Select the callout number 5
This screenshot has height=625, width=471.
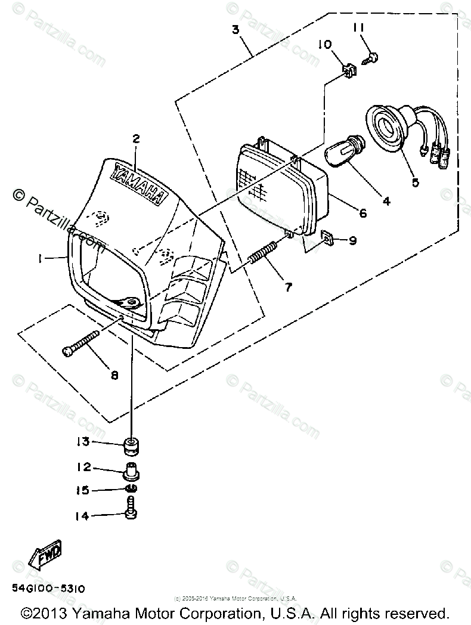coord(415,182)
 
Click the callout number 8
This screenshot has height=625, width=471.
coord(114,375)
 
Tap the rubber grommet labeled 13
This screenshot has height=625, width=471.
coord(132,445)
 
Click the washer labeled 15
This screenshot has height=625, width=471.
coord(132,490)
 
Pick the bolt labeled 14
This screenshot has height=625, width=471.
coord(131,511)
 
